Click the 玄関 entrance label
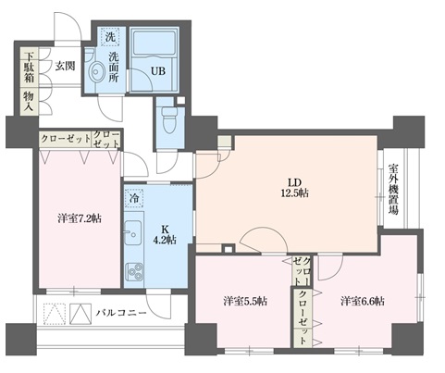tap(64, 66)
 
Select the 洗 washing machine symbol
tap(111, 39)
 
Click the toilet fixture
tap(167, 119)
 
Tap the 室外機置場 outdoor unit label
tap(393, 191)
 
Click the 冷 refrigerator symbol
tap(133, 198)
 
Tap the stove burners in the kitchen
tap(133, 271)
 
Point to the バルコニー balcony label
tap(124, 315)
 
